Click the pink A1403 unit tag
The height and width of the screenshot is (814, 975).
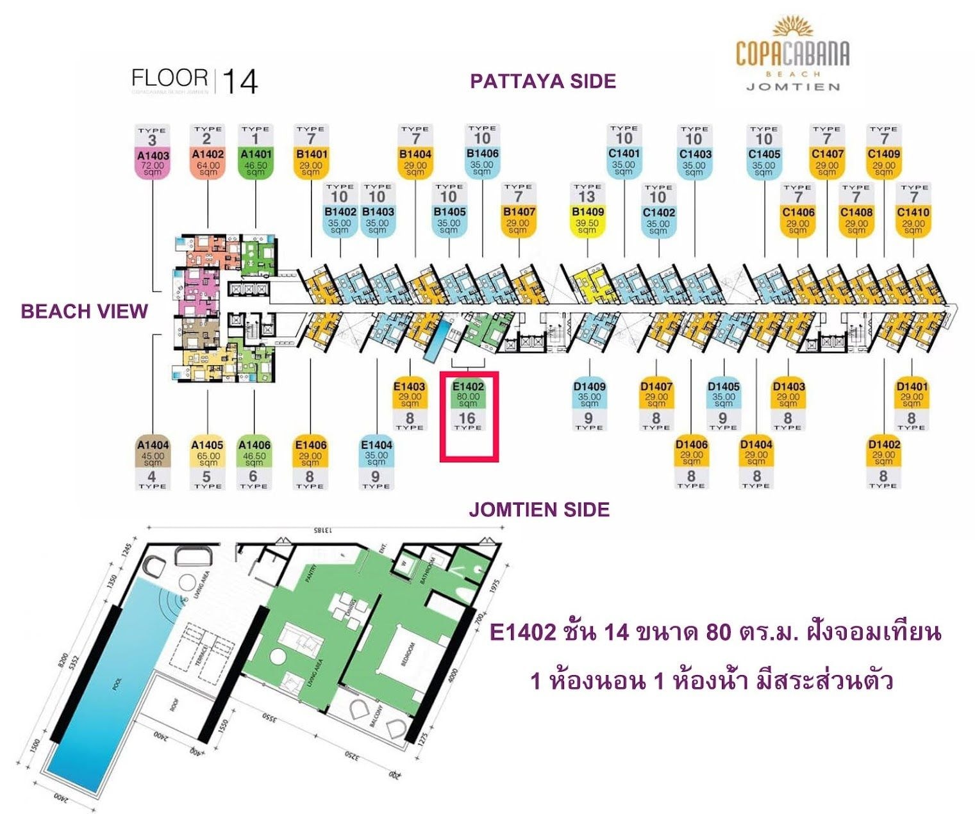(153, 161)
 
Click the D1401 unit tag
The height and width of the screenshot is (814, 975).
(911, 393)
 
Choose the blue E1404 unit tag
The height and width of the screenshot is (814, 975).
(376, 451)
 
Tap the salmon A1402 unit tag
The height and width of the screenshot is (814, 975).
(208, 160)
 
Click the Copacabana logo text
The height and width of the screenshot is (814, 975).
(792, 54)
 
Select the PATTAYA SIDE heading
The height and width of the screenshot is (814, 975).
(543, 81)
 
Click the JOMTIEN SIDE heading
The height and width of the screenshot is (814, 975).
(539, 510)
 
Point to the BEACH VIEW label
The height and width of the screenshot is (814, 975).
(84, 311)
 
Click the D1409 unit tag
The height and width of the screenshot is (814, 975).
(589, 393)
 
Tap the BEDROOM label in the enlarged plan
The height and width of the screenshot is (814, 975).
(408, 653)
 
